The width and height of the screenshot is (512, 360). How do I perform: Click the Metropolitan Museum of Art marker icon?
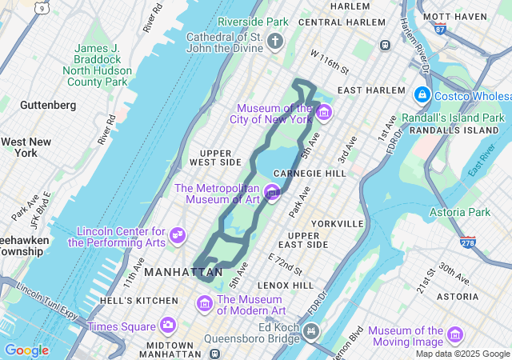(x=272, y=192)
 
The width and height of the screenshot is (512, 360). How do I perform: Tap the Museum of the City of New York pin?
(x=323, y=112)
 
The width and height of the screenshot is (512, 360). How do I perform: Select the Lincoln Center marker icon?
(x=178, y=236)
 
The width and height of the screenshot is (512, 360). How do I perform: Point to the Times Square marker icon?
(x=167, y=325)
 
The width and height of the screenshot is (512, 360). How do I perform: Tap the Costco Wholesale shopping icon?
(x=421, y=95)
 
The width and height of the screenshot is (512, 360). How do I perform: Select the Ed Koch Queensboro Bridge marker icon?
(x=310, y=330)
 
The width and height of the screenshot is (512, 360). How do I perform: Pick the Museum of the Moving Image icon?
(x=455, y=334)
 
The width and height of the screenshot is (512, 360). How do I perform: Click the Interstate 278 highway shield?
(x=467, y=240)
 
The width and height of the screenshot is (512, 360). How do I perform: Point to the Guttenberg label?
(x=48, y=105)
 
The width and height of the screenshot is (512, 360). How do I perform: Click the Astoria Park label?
(x=459, y=212)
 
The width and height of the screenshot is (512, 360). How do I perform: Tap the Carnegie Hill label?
(x=310, y=173)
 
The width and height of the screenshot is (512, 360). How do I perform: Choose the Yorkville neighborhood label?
(x=338, y=223)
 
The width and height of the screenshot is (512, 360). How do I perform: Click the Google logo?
(x=26, y=350)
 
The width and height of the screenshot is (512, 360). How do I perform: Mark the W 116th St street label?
(x=330, y=70)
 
